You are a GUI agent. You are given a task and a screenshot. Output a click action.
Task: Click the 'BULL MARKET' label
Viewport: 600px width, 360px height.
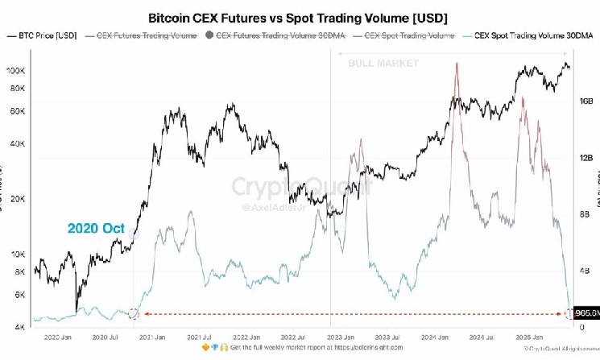point(383,62)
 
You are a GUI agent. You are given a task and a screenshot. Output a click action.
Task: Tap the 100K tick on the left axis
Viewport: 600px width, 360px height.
point(16,71)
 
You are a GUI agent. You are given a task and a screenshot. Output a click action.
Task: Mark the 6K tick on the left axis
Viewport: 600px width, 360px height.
point(19,295)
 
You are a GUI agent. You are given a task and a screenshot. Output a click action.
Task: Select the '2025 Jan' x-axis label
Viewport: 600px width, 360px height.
point(523,337)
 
